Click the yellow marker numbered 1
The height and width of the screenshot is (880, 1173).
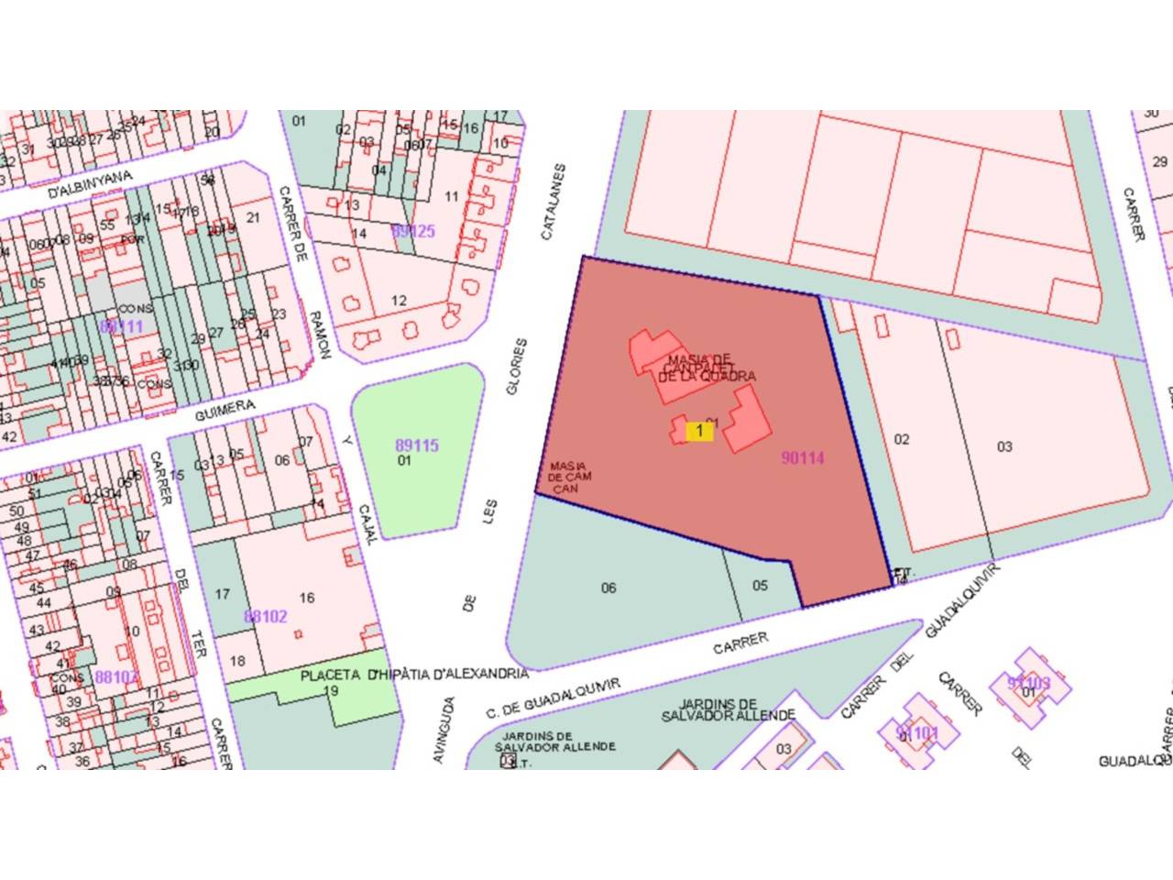[699, 430]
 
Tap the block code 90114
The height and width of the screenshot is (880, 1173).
[803, 458]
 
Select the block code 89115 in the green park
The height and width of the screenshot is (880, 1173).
[417, 445]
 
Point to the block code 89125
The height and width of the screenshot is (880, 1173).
[413, 231]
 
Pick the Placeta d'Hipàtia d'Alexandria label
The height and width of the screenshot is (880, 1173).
[414, 675]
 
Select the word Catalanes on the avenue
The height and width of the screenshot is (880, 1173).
[554, 203]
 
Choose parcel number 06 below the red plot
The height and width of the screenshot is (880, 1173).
[608, 588]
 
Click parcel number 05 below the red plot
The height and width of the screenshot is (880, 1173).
[760, 585]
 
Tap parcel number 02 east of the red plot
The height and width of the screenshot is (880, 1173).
[902, 439]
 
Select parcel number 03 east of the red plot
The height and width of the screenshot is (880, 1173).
[1004, 446]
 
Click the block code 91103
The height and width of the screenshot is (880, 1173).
[1028, 683]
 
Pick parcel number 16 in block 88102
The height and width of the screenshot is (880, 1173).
[307, 598]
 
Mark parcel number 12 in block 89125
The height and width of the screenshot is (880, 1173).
[399, 300]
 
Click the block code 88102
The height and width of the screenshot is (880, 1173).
[266, 616]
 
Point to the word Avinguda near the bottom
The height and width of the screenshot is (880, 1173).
[444, 731]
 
